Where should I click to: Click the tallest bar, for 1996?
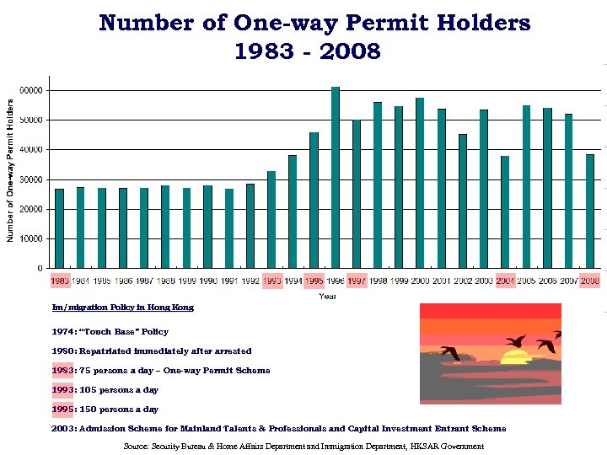(x=336, y=177)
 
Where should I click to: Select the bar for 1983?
(x=60, y=228)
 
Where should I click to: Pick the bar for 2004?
(x=505, y=211)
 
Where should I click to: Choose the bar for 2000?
(x=420, y=183)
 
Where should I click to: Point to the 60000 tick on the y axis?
(x=34, y=90)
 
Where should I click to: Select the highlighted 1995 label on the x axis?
(x=314, y=281)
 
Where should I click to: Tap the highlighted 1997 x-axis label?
(x=357, y=281)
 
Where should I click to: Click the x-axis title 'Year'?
(x=326, y=296)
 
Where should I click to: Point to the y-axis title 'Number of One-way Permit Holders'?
(x=12, y=171)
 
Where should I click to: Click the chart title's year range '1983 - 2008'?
(x=308, y=52)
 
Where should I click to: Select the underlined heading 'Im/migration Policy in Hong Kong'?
(x=123, y=308)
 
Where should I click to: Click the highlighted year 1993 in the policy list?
(x=63, y=390)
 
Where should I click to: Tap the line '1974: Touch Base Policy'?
(x=110, y=332)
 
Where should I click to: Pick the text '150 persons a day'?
(x=118, y=409)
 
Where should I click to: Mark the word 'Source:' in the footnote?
(x=137, y=447)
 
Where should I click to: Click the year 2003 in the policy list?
(x=63, y=429)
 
